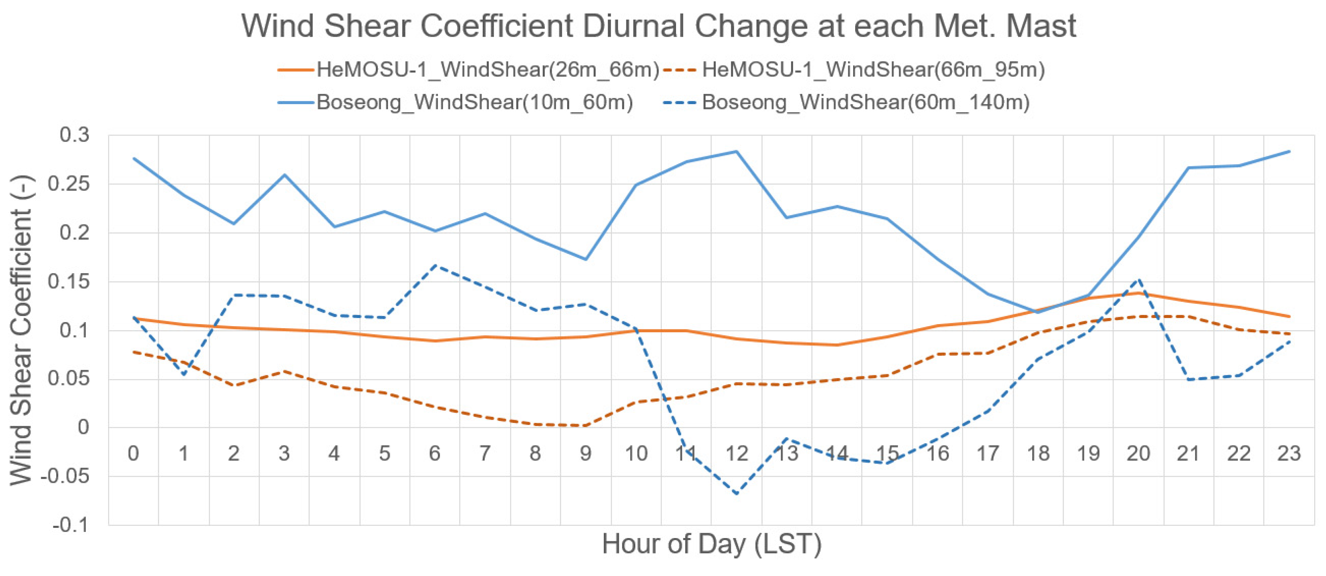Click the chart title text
pyautogui.click(x=659, y=26)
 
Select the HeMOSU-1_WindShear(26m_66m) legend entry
pyautogui.click(x=487, y=69)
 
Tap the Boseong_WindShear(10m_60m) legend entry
pyautogui.click(x=474, y=102)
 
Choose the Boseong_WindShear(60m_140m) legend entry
pyautogui.click(x=865, y=102)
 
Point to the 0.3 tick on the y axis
pyautogui.click(x=75, y=135)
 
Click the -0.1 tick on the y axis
pyautogui.click(x=71, y=525)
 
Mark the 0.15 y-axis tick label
pyautogui.click(x=68, y=281)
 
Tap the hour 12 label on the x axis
pyautogui.click(x=736, y=454)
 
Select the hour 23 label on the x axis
pyautogui.click(x=1289, y=454)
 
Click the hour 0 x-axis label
pyautogui.click(x=133, y=454)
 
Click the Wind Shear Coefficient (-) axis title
pyautogui.click(x=22, y=330)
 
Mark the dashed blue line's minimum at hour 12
pyautogui.click(x=736, y=494)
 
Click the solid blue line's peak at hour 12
pyautogui.click(x=736, y=151)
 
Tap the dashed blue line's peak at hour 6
pyautogui.click(x=435, y=265)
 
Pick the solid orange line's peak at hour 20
pyautogui.click(x=1138, y=293)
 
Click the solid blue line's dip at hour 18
pyautogui.click(x=1038, y=312)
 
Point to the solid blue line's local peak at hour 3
pyautogui.click(x=285, y=175)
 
